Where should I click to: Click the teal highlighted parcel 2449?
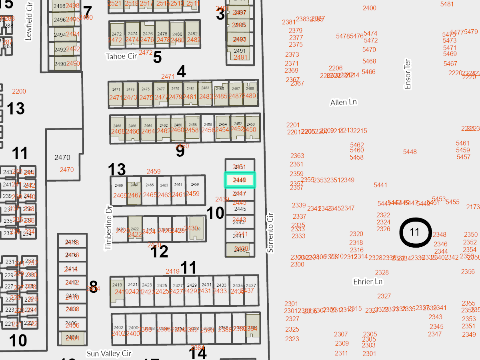(239, 180)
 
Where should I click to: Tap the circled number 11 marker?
(415, 232)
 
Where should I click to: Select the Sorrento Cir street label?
(271, 232)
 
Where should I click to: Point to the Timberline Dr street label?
(108, 228)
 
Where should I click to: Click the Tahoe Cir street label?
(122, 56)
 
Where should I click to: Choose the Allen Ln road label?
(343, 102)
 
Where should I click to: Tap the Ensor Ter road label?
(408, 75)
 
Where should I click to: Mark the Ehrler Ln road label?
(368, 282)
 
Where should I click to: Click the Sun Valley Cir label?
(109, 354)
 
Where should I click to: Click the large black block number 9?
(180, 152)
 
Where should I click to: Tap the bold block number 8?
(93, 286)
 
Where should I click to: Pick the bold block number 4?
(181, 72)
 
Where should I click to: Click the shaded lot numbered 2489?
(250, 94)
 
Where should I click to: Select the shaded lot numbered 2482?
(193, 34)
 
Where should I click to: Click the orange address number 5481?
(447, 4)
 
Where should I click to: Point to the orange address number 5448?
(410, 152)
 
